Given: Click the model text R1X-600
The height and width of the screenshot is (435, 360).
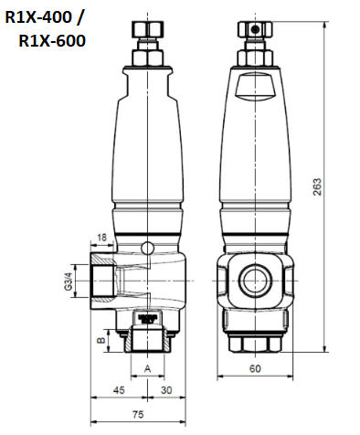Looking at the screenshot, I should [x=52, y=41].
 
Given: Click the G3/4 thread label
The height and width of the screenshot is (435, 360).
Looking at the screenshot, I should [x=67, y=278].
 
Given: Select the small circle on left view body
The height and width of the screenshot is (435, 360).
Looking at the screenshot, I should [x=149, y=248].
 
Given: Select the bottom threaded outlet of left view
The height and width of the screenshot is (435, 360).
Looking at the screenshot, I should [x=147, y=343].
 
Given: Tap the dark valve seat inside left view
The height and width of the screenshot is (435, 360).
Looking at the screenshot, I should [x=147, y=319].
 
